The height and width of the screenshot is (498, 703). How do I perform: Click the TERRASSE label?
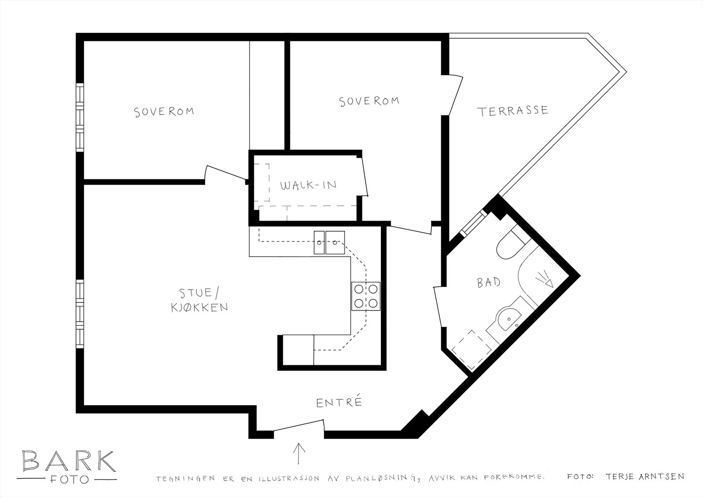[x=512, y=111]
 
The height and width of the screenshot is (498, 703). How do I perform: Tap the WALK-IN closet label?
[x=308, y=185]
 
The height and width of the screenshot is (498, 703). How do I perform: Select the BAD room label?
[x=489, y=283]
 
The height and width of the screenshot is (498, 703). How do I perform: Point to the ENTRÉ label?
[x=339, y=402]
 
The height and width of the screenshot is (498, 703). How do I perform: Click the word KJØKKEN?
[x=199, y=307]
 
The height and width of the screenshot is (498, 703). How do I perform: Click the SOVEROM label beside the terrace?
[x=369, y=102]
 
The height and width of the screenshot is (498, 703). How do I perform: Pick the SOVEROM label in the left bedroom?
[x=164, y=112]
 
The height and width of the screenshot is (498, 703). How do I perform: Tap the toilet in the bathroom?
[x=511, y=246]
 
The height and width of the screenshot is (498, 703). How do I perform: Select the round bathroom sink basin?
[x=509, y=319]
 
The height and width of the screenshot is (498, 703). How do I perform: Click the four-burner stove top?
[x=366, y=296]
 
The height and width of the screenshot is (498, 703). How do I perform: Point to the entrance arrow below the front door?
[x=299, y=454]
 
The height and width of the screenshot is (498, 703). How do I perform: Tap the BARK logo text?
[x=69, y=461]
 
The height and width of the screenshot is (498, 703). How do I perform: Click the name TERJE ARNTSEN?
[x=645, y=476]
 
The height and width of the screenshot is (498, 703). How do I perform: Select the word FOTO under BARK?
[x=69, y=480]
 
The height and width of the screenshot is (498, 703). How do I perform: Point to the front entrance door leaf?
[x=298, y=425]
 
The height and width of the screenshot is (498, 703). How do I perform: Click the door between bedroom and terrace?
[x=455, y=95]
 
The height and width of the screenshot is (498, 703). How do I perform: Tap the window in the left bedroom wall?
[x=80, y=117]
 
